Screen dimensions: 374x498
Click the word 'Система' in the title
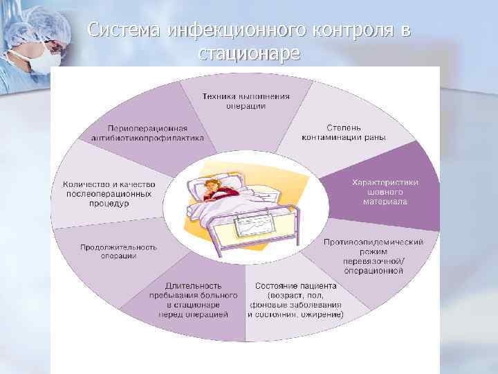pos(125,30)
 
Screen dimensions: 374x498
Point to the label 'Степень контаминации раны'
pos(344,132)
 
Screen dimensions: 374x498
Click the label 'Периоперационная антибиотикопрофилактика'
pos(147,132)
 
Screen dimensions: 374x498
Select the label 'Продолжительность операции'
pos(118,251)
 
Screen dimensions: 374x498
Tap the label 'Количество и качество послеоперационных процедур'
pos(109,195)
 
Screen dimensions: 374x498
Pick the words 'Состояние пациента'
pos(295,286)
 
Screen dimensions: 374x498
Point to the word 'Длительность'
pos(194,285)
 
